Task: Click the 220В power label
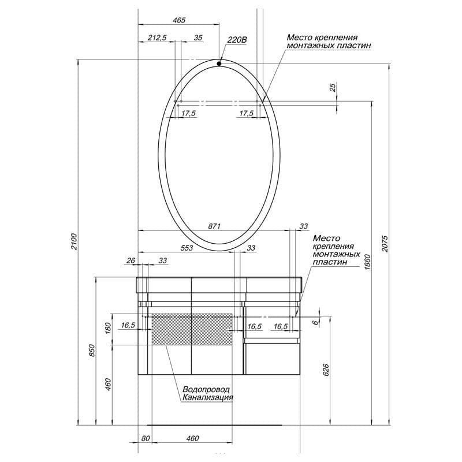pos(237,40)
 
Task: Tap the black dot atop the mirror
pos(219,64)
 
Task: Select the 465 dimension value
pos(179,20)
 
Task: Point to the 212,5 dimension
pos(157,38)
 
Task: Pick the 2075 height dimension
pos(385,243)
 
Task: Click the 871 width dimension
pos(214,226)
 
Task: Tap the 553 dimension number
pos(187,248)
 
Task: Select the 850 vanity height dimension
pos(92,351)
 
